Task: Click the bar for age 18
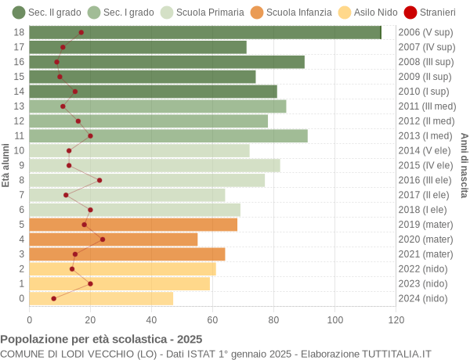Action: tap(205, 32)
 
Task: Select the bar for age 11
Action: tap(168, 135)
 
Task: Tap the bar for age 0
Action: tap(101, 298)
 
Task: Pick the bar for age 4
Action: tap(114, 239)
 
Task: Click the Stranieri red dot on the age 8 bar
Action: tap(99, 180)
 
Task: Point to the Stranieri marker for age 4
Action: tap(103, 239)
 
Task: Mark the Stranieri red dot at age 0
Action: tap(53, 298)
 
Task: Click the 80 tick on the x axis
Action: tap(274, 319)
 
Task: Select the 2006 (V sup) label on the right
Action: tap(425, 32)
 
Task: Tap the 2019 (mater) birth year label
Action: tap(425, 225)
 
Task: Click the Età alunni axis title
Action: tap(6, 165)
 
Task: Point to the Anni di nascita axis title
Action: tap(464, 165)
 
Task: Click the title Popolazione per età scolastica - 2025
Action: tap(101, 340)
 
